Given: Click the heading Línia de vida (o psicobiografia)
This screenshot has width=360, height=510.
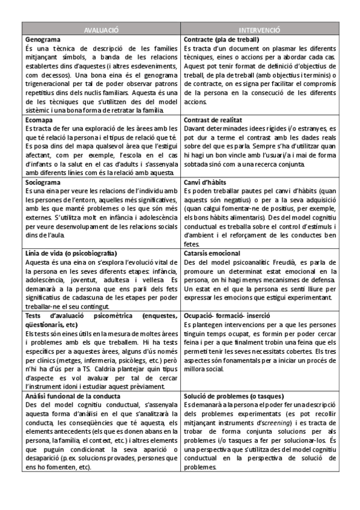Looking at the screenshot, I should click(x=71, y=253).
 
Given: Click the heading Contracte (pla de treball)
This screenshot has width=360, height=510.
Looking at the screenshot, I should click(x=221, y=39).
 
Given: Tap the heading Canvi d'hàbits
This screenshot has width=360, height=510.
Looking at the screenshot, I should click(x=206, y=182).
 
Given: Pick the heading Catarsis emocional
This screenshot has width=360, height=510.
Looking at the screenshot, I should click(x=212, y=253).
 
